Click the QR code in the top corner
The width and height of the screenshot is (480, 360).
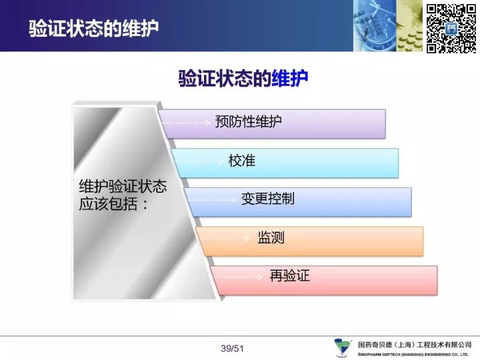tap(451, 29)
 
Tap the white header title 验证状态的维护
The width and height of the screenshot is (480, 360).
tap(94, 29)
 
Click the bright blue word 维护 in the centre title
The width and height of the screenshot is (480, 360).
tap(289, 79)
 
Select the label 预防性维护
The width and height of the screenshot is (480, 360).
tap(248, 121)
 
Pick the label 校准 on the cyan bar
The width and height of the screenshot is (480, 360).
tap(242, 161)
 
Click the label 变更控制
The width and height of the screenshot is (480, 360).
tap(268, 199)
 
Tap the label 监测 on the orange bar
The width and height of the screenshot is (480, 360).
tap(271, 237)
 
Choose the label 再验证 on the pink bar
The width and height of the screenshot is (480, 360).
tap(289, 275)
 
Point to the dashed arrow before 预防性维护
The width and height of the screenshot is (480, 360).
tap(185, 123)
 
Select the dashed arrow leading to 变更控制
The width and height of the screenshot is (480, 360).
tap(213, 200)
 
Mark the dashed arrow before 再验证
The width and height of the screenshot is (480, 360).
tap(239, 277)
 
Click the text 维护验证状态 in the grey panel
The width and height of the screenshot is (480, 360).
tap(123, 186)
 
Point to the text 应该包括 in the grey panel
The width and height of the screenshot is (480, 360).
tap(108, 204)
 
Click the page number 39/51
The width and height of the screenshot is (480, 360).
tap(232, 349)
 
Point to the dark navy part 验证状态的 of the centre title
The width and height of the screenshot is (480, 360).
tap(225, 79)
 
